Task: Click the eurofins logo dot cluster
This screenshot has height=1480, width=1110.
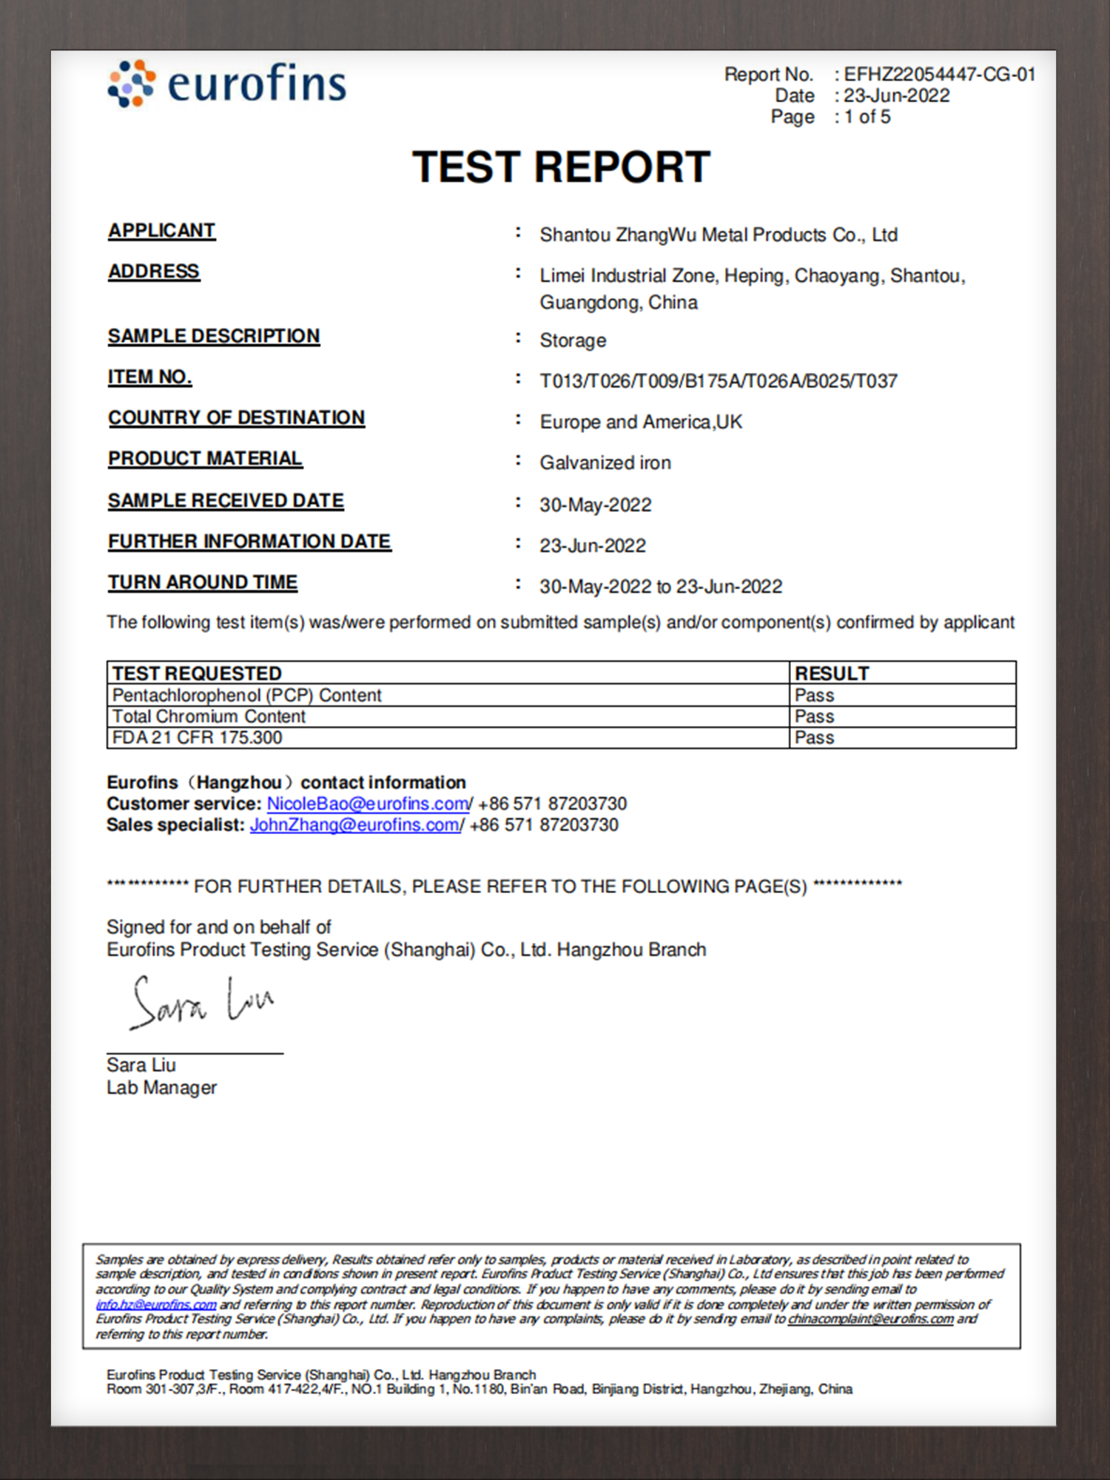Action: pos(132,84)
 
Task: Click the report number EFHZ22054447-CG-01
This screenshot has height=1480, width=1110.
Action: pos(939,75)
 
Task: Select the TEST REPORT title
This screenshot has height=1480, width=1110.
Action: pos(561,167)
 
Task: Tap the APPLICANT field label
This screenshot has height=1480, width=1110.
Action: pos(161,231)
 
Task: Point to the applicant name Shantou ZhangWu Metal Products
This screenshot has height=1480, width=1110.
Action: pos(718,235)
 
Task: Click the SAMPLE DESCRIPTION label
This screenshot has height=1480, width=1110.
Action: pos(214,336)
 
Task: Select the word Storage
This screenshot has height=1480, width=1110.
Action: pos(573,340)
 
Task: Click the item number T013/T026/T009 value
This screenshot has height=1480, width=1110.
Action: pos(718,381)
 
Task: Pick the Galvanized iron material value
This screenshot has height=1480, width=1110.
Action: pos(605,463)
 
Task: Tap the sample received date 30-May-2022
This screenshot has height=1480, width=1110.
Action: pos(596,505)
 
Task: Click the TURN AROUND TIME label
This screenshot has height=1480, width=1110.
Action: pos(203,582)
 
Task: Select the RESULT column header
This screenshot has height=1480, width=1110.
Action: pos(832,673)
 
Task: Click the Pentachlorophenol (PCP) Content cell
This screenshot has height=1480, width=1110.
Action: pos(247,696)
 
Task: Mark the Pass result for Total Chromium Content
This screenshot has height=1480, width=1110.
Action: pos(814,716)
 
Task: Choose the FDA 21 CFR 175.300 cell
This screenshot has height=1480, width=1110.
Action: pos(198,738)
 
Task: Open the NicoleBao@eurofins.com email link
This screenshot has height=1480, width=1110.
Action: pos(368,804)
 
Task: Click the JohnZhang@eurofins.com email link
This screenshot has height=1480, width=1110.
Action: pos(355,825)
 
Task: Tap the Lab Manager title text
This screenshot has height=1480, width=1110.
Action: pos(161,1088)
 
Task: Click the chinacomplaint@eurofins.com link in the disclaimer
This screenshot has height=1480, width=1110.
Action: pos(870,1319)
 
